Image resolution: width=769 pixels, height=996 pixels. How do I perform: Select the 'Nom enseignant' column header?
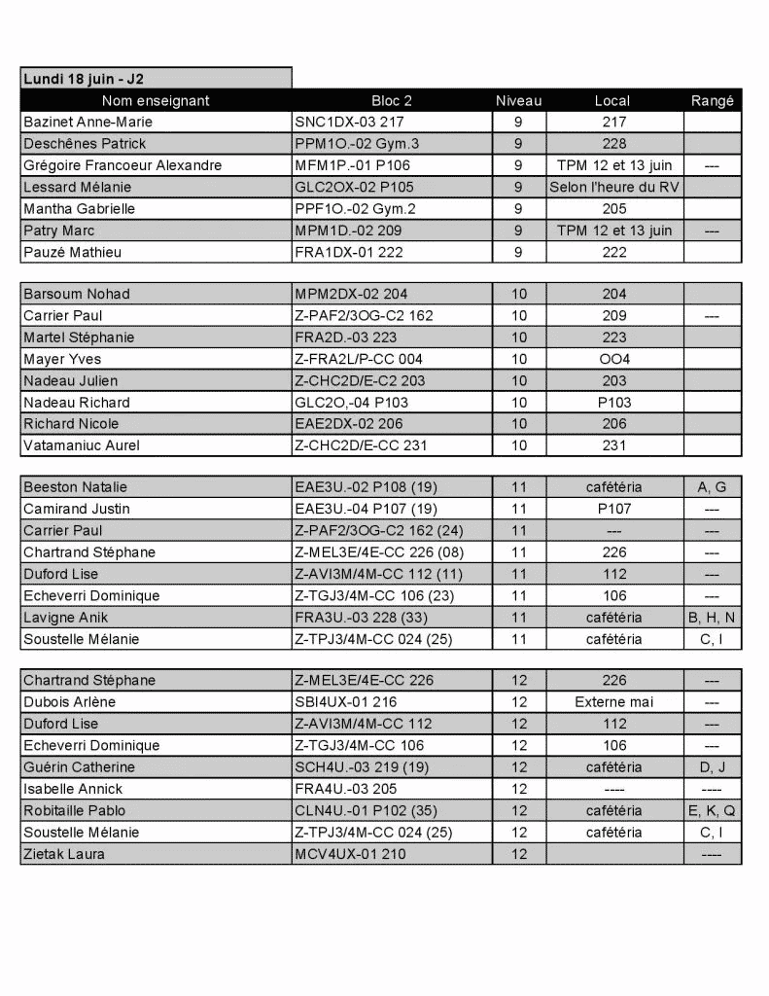(x=156, y=100)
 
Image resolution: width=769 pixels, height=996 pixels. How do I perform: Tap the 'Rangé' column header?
(x=712, y=100)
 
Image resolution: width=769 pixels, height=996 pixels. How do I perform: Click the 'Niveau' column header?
(x=518, y=100)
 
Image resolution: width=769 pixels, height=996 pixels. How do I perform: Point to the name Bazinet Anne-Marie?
(x=87, y=123)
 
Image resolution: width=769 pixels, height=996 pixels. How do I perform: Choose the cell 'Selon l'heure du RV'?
(x=613, y=187)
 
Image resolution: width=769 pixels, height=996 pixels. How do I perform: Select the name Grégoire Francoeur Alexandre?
(x=122, y=165)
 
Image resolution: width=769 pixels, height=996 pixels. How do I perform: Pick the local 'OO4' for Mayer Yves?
(x=613, y=359)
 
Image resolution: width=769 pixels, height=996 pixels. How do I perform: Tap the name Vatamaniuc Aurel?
(x=82, y=445)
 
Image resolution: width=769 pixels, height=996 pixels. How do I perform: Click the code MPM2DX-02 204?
(x=350, y=294)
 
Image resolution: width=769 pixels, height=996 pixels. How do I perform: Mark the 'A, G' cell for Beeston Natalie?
(x=712, y=487)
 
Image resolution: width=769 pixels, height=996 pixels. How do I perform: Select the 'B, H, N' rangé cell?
(x=712, y=618)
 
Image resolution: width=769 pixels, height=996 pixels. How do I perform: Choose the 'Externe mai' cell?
(x=613, y=702)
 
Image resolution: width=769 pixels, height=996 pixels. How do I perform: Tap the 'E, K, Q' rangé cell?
(x=712, y=810)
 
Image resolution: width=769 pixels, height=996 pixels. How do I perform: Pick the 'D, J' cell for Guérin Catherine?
(x=712, y=767)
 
